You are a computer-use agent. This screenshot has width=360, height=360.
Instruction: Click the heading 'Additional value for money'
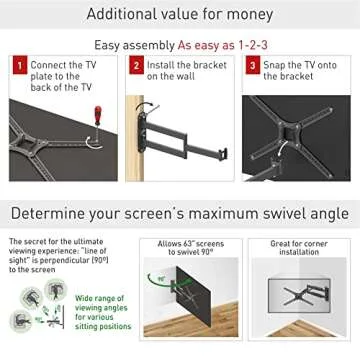[x=180, y=13]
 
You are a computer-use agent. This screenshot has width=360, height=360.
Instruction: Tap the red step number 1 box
[x=18, y=66]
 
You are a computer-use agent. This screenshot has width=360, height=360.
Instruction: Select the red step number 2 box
[x=136, y=66]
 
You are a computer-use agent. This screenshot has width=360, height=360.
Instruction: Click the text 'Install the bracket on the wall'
[x=178, y=70]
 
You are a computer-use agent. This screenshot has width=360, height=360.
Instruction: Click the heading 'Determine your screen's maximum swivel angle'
[x=180, y=214]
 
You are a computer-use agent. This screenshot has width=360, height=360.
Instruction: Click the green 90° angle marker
[x=160, y=279]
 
